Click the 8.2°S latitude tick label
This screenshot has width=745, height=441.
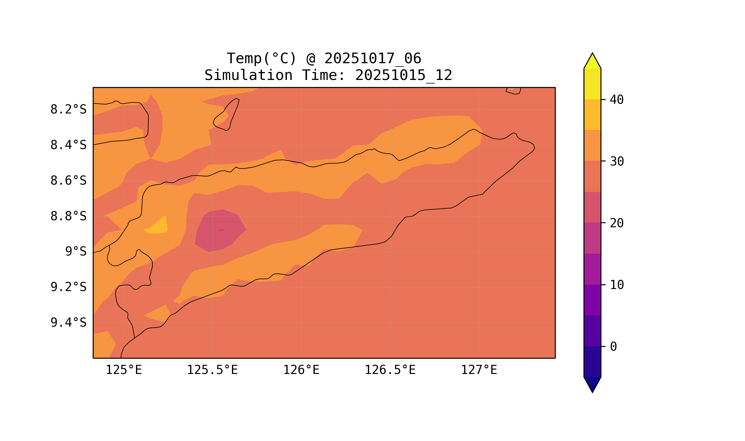click(x=68, y=110)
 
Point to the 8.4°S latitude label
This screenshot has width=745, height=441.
click(x=68, y=145)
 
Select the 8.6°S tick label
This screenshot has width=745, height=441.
click(x=68, y=181)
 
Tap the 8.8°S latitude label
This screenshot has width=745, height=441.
click(x=68, y=216)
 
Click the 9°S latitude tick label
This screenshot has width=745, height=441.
click(x=76, y=252)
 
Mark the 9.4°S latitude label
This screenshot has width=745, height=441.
click(x=68, y=323)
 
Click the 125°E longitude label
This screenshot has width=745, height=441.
click(x=124, y=370)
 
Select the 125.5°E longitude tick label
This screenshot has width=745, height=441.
click(x=212, y=370)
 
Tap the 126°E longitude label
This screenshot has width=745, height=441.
click(x=301, y=370)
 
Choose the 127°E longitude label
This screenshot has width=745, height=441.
click(x=479, y=370)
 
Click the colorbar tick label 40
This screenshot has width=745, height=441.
click(x=616, y=100)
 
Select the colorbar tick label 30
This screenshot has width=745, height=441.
click(x=616, y=162)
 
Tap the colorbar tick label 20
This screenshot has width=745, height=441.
click(x=616, y=223)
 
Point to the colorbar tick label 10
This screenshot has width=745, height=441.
click(x=616, y=285)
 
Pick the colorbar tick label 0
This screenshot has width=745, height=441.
click(x=613, y=347)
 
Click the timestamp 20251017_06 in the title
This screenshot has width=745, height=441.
click(x=373, y=59)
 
